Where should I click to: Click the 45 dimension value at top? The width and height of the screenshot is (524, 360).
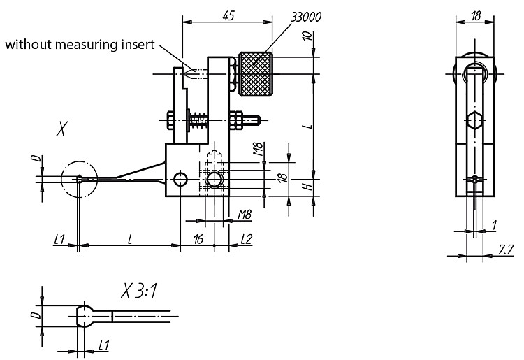pos(228,15)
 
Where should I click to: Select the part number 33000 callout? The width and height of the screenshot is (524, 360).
pos(306,17)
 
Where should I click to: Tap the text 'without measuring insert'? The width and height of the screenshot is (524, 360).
pos(80,44)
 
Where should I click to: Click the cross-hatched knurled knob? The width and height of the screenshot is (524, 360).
pos(255,74)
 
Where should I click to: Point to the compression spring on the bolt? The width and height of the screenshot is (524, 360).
pos(199,120)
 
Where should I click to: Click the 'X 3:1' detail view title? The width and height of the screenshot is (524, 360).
pos(139,291)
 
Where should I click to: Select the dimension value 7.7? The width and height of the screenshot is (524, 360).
pos(505,250)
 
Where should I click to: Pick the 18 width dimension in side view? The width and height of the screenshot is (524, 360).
pos(476,15)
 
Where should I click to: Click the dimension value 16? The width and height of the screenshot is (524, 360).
pos(198,239)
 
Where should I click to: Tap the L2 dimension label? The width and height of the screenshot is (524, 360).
pos(247,239)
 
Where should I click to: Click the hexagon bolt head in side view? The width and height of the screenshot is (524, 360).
pos(474,120)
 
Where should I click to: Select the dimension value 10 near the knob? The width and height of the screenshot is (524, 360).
pos(307,36)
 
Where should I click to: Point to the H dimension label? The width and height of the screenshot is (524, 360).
pos(308,186)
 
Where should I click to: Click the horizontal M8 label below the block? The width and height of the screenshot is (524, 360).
pos(245,215)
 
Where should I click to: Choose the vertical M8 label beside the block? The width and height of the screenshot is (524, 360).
pos(258,149)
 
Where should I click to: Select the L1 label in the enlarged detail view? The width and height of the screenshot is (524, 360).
pos(104,345)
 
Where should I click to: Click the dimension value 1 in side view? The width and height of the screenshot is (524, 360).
pos(495,226)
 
